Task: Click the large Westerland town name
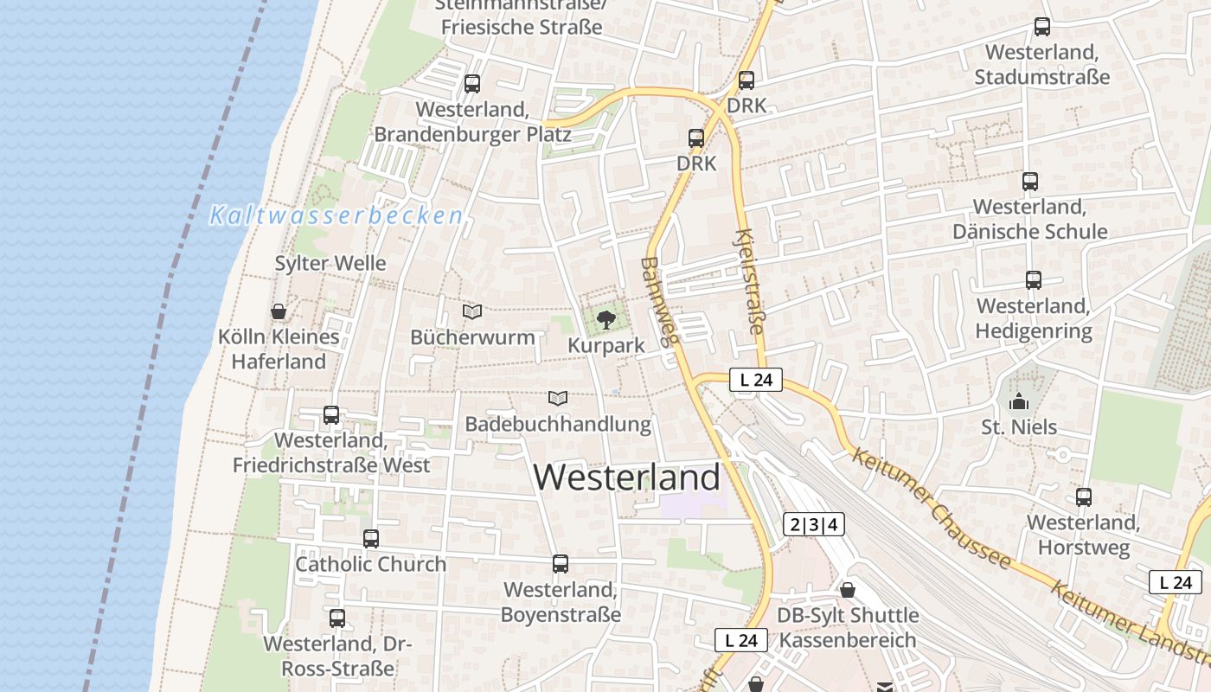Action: click(627, 477)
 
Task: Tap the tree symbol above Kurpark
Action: click(606, 320)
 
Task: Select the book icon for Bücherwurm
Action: click(472, 311)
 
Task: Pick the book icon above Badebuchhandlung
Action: click(558, 399)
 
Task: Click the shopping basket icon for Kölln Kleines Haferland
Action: click(279, 311)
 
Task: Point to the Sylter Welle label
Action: click(330, 263)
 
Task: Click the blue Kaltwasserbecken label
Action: click(336, 216)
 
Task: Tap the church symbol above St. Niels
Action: click(1019, 401)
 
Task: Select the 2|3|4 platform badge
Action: click(813, 524)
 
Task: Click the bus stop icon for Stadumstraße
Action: click(1042, 27)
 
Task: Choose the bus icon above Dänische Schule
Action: click(1029, 182)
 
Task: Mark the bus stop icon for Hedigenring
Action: click(1033, 280)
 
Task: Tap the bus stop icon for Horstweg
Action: click(1083, 497)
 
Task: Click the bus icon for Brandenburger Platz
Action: click(472, 84)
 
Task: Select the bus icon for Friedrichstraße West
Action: click(331, 415)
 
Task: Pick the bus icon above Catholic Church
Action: click(371, 539)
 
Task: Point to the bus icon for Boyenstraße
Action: click(561, 564)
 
